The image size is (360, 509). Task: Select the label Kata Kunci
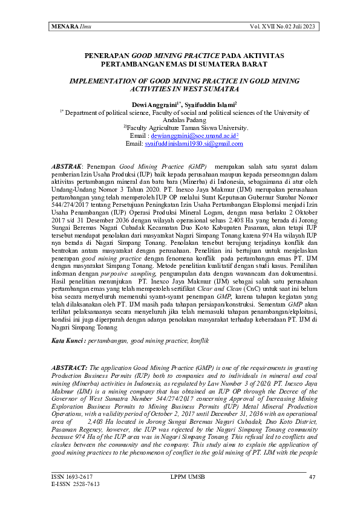click(x=67, y=342)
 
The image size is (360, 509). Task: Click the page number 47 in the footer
click(x=312, y=477)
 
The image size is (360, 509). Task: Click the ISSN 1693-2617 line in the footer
click(x=68, y=477)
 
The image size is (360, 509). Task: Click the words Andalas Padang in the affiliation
click(x=180, y=120)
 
